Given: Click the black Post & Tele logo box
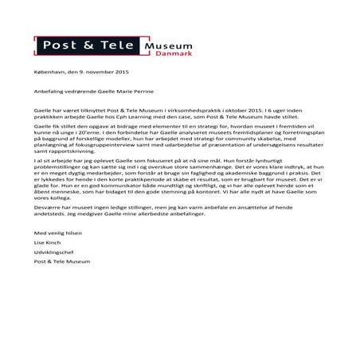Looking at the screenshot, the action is click(x=87, y=45).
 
